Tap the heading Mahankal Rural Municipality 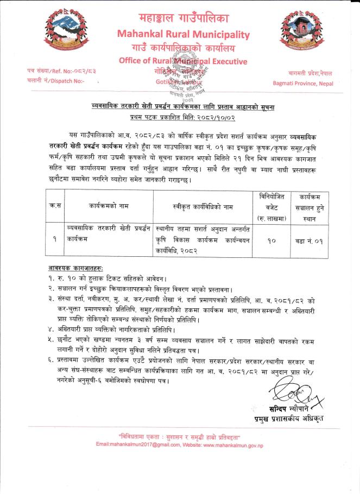coord(183,35)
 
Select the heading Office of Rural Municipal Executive coord(183,61)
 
